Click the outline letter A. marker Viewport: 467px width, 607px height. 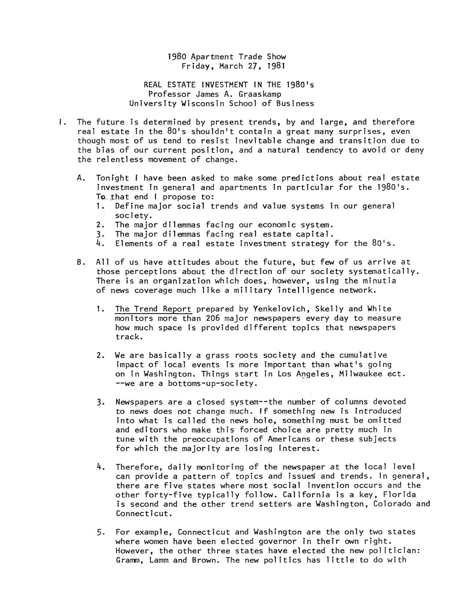click(x=80, y=178)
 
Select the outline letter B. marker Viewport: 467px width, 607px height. click(x=80, y=262)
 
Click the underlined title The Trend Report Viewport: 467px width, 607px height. click(x=153, y=309)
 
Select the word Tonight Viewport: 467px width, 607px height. click(x=113, y=178)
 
